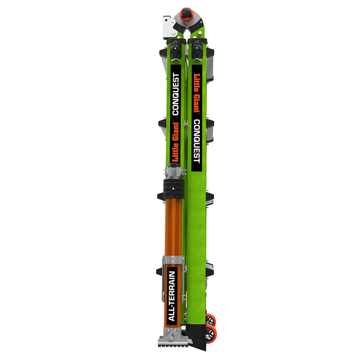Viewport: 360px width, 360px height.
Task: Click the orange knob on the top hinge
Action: [x=186, y=14]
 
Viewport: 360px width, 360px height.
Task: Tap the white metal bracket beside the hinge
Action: [x=169, y=27]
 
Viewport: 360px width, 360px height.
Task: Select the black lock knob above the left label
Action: [x=175, y=50]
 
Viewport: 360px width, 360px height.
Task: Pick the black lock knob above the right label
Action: [x=197, y=50]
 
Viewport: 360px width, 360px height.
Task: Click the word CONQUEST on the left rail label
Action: [x=175, y=94]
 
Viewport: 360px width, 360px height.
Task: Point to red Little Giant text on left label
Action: [x=175, y=142]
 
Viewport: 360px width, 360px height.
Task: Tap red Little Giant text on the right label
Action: [x=197, y=93]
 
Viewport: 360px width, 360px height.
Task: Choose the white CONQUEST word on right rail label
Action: [x=197, y=141]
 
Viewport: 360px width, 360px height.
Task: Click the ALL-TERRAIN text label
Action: [x=172, y=296]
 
